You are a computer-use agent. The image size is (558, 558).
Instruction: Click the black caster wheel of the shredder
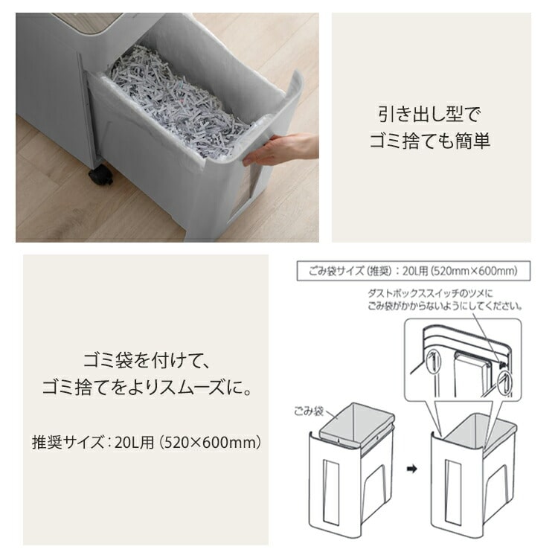point(100,176)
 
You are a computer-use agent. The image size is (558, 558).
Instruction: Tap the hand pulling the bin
point(280,150)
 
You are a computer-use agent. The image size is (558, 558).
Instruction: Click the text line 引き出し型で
point(430,115)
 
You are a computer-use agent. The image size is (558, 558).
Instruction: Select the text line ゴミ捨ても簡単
point(430,141)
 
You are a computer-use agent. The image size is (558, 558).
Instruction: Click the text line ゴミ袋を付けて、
point(145,362)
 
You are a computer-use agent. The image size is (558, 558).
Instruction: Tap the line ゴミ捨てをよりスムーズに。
point(145,388)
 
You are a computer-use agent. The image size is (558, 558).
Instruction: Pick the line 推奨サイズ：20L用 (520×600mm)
point(146,443)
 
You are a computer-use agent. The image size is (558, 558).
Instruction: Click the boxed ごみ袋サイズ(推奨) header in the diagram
point(413,270)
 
